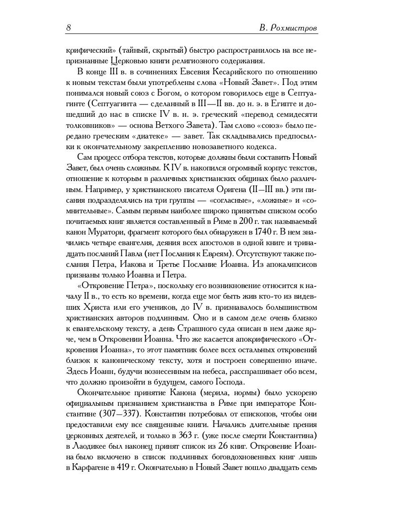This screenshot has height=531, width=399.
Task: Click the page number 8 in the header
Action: [x=69, y=28]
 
